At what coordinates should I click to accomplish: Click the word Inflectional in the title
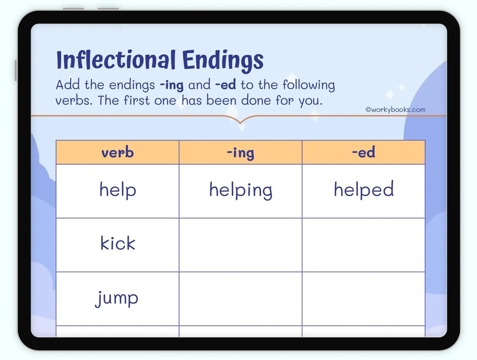click(116, 60)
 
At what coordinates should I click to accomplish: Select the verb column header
click(117, 152)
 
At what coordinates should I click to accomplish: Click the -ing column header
click(240, 153)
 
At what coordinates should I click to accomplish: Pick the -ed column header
click(363, 152)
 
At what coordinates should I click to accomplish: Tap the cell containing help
click(118, 190)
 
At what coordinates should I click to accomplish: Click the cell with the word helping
click(240, 191)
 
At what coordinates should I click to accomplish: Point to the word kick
click(118, 243)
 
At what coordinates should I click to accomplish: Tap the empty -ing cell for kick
click(240, 245)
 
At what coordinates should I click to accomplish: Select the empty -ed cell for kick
click(363, 245)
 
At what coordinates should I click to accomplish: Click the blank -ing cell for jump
click(240, 299)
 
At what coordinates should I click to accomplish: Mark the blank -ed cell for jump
click(363, 299)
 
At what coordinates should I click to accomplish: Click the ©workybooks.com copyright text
click(395, 110)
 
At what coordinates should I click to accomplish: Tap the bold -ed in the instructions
click(225, 85)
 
